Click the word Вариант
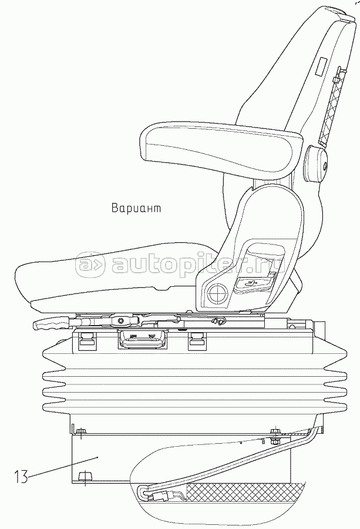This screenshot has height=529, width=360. point(135,208)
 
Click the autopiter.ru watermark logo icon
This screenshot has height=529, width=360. point(91,267)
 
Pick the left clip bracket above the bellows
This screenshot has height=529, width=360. point(85,339)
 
